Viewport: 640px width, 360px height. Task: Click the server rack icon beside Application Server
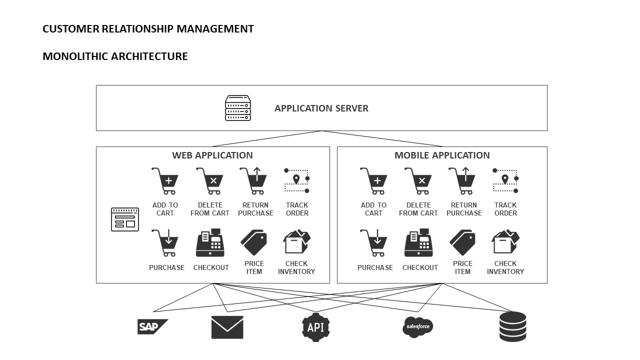(x=237, y=108)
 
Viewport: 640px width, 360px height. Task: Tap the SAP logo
(x=152, y=327)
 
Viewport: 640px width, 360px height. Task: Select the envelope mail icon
(x=227, y=327)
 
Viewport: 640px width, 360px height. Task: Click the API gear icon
(x=315, y=327)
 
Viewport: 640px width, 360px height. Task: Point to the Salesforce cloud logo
(x=417, y=327)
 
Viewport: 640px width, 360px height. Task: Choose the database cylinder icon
(x=512, y=326)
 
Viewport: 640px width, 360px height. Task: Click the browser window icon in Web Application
(x=124, y=219)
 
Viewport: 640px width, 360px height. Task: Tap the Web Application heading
(x=212, y=155)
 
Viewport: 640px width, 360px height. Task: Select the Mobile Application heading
(x=442, y=155)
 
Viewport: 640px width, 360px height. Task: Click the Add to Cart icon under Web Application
(x=165, y=181)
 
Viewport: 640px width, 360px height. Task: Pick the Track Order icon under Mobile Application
(x=505, y=181)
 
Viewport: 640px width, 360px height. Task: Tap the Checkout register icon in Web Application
(x=210, y=243)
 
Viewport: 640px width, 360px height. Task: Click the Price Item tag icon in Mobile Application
(x=462, y=243)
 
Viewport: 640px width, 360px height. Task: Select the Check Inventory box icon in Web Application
(x=296, y=243)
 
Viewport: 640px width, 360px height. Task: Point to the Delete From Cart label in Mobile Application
(x=419, y=209)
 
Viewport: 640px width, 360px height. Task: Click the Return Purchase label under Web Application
(x=255, y=209)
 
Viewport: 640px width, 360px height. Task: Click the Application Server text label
(x=321, y=108)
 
